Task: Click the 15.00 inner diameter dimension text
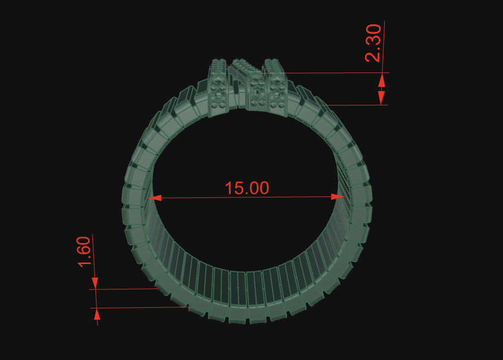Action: click(247, 188)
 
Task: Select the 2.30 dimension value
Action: click(373, 43)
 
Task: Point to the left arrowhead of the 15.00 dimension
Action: click(156, 198)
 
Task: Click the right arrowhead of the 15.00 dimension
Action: click(338, 196)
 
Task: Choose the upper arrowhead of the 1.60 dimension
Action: click(95, 282)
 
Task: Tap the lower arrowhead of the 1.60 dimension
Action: click(97, 313)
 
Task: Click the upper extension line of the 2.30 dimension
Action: click(338, 73)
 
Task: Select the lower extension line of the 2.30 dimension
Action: click(353, 105)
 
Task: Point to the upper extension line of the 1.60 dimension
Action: click(124, 288)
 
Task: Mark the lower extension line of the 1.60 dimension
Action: click(139, 308)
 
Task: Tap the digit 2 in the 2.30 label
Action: click(373, 55)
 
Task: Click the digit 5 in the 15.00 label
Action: click(237, 188)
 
